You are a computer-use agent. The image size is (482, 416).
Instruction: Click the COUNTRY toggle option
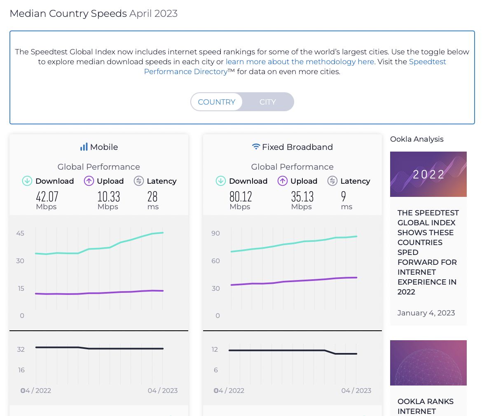click(x=217, y=102)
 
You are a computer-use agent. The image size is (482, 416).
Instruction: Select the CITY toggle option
click(x=267, y=102)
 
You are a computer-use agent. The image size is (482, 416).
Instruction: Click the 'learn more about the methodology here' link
click(x=300, y=62)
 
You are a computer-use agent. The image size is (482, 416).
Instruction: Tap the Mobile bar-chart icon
click(x=84, y=147)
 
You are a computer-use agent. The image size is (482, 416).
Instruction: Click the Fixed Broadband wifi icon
click(x=256, y=147)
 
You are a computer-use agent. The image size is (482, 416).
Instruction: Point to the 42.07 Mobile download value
click(x=47, y=196)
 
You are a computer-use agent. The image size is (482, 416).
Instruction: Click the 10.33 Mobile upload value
click(x=108, y=196)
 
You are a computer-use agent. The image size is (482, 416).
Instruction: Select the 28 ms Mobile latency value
click(x=153, y=196)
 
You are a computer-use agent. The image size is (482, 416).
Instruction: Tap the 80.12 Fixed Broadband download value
click(x=241, y=196)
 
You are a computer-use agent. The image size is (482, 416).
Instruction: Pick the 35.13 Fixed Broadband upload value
click(x=302, y=196)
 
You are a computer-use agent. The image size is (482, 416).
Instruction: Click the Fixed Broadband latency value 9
click(x=344, y=196)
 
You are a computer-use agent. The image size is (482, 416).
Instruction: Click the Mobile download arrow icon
click(x=27, y=181)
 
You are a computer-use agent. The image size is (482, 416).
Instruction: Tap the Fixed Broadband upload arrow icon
click(x=282, y=181)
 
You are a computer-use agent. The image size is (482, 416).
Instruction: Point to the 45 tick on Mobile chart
click(x=20, y=234)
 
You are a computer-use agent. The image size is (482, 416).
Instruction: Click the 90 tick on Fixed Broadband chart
click(x=215, y=234)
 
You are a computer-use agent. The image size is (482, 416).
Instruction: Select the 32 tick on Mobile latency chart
click(x=21, y=350)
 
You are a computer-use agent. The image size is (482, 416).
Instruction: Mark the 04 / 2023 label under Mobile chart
click(x=163, y=390)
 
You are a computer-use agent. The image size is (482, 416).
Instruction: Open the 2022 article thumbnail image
click(x=428, y=174)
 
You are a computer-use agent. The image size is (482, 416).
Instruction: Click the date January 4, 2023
click(x=426, y=313)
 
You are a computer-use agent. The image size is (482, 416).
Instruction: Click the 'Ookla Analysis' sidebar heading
click(x=416, y=139)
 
